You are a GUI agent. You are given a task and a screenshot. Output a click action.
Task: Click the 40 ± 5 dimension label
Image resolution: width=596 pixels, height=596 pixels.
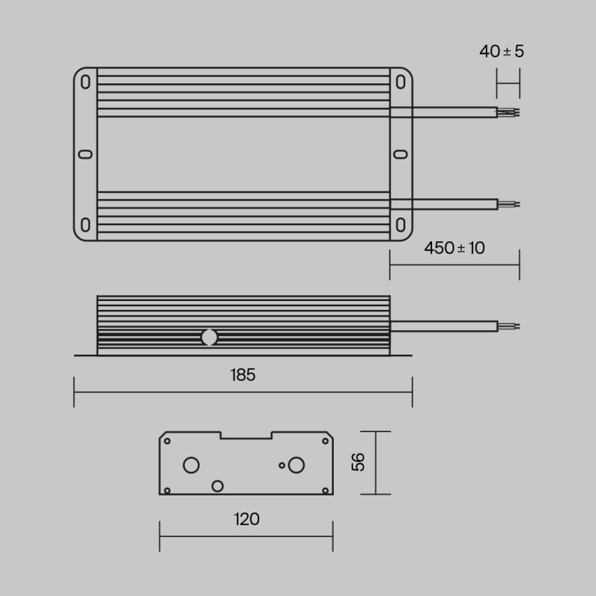(x=501, y=51)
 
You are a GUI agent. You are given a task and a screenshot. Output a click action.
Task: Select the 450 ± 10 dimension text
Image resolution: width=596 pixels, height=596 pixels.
(x=454, y=248)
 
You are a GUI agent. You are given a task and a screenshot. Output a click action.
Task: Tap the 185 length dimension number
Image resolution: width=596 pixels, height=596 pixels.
(x=243, y=375)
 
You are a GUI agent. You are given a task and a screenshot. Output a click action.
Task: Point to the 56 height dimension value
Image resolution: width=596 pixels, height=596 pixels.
(x=358, y=462)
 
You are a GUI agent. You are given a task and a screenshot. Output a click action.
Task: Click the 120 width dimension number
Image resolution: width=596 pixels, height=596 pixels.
(x=246, y=519)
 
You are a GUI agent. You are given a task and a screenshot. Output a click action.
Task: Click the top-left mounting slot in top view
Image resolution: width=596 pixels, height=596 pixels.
(x=86, y=82)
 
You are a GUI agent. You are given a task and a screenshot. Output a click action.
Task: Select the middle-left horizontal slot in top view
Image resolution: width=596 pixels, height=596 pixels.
(x=86, y=154)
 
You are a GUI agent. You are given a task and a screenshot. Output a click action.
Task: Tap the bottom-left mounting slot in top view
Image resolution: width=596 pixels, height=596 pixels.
(x=86, y=225)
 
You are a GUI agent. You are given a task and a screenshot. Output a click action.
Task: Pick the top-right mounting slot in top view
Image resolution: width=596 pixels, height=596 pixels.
(x=401, y=82)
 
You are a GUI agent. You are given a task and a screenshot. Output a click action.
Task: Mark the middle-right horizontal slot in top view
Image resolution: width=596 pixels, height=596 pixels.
(x=401, y=154)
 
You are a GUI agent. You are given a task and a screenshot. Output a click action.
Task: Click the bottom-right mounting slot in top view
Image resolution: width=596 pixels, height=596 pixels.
(x=401, y=225)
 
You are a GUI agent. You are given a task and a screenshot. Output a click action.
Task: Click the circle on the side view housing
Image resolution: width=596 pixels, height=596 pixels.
(x=209, y=337)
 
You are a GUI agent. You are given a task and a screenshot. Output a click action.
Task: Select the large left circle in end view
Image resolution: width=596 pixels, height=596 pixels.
(x=191, y=466)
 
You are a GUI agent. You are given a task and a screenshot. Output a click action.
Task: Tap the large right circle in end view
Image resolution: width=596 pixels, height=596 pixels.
(x=297, y=466)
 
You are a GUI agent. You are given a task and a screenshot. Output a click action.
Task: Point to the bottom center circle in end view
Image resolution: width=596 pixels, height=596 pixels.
(x=218, y=486)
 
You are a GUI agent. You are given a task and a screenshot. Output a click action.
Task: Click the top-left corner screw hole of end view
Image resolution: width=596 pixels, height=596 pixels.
(x=167, y=441)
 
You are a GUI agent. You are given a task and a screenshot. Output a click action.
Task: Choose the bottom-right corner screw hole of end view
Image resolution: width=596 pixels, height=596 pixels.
(x=326, y=489)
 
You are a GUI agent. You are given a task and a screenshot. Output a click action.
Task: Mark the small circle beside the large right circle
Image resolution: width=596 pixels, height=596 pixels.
(x=282, y=466)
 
